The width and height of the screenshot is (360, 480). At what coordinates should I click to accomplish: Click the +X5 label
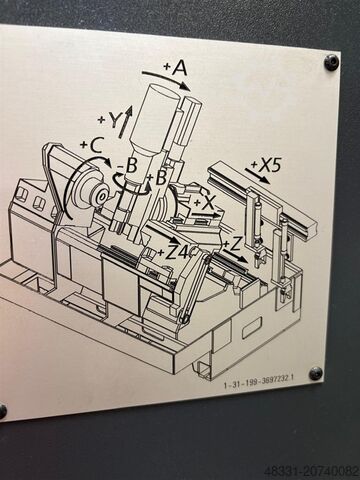coord(269,164)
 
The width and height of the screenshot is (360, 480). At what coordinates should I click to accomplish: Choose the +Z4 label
coord(176,252)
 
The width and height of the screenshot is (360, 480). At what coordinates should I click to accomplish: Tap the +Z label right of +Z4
coord(232,243)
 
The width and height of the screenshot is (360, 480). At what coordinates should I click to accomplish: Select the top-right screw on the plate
coord(331,62)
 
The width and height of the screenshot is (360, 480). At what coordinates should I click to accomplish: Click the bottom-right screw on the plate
coord(316,373)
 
